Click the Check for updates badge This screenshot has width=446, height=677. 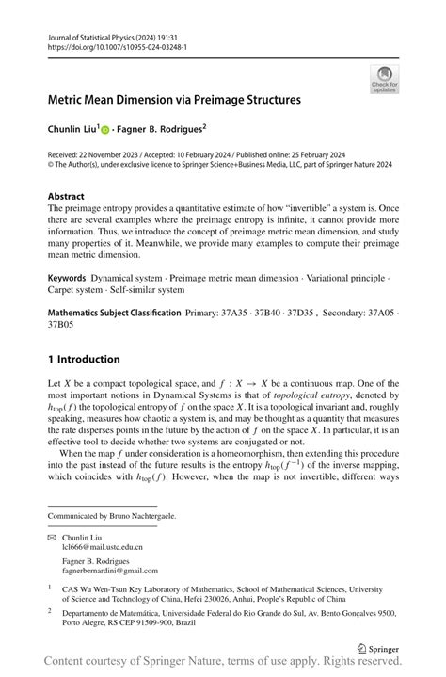(383, 79)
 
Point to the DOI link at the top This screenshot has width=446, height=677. (117, 46)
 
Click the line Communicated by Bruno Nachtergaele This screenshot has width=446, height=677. (112, 516)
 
